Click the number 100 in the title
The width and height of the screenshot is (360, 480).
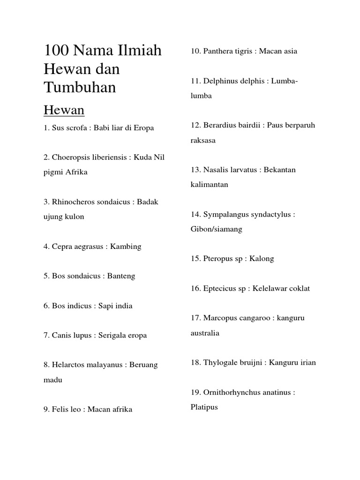point(56,50)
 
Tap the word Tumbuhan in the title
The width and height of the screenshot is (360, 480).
point(80,87)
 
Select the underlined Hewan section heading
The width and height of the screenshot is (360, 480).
point(64,110)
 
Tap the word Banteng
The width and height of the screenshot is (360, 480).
point(121,276)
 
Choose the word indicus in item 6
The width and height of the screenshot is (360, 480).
point(79,306)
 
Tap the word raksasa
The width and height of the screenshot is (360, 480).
point(203,140)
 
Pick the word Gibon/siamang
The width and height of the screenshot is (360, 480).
point(216,229)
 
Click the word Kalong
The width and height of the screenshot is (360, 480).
point(262,259)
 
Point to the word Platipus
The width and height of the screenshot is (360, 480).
point(204,407)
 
